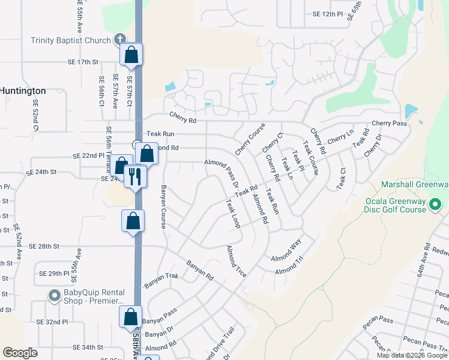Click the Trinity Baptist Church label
click(71, 41)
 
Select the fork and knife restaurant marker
click(135, 176)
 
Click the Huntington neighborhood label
click(23, 91)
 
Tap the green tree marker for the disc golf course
click(436, 205)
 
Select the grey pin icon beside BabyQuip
click(54, 295)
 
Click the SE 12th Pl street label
click(327, 14)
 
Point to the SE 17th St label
click(83, 62)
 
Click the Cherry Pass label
click(389, 123)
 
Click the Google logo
click(20, 352)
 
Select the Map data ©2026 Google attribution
click(412, 355)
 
